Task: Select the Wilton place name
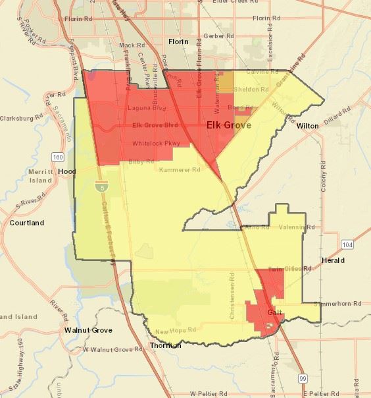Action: tap(307, 125)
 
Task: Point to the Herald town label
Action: tap(334, 260)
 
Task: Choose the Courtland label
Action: tap(27, 223)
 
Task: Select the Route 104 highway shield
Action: tap(347, 244)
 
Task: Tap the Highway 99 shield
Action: tap(302, 378)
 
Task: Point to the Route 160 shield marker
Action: tap(58, 157)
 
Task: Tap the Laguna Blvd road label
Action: tap(144, 107)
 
